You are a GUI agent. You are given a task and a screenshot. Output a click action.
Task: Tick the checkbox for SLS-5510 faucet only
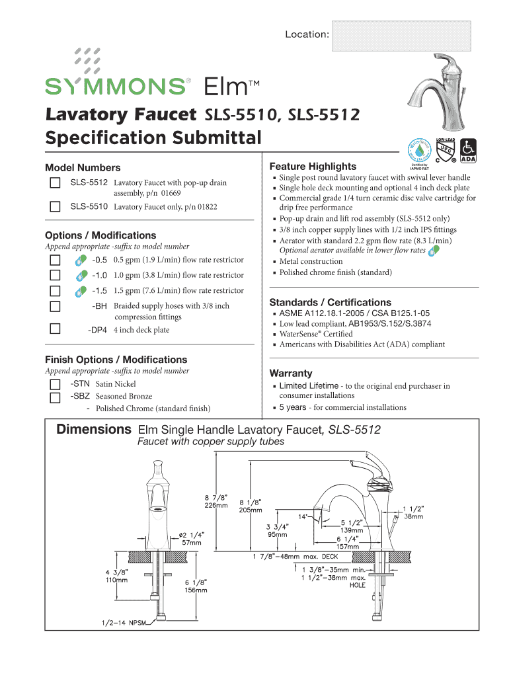click(56, 207)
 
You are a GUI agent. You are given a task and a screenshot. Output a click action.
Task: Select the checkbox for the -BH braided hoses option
click(56, 306)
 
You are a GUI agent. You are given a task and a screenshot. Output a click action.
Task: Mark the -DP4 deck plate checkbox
click(56, 329)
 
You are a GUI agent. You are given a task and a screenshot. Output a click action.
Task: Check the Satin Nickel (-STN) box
click(56, 383)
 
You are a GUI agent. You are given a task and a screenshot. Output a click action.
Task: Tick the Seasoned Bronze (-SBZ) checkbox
click(56, 397)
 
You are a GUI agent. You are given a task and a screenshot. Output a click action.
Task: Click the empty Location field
click(401, 35)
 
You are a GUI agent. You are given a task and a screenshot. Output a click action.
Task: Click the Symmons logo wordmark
click(115, 86)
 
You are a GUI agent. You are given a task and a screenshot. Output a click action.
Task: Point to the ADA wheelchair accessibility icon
click(468, 150)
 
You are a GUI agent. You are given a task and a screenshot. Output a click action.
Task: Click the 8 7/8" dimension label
click(215, 497)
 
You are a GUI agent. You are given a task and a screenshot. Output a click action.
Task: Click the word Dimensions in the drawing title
click(93, 430)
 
